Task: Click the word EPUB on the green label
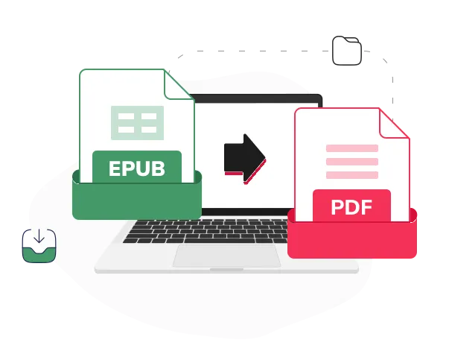pos(137,168)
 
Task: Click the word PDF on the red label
pos(351,207)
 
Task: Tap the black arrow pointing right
pos(245,158)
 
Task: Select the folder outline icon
pos(347,51)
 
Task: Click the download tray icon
pos(39,246)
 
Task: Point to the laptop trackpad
pos(226,256)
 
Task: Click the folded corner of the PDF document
pos(393,124)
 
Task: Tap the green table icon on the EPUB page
pos(138,123)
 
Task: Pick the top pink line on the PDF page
pos(352,148)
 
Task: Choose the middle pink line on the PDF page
pos(352,162)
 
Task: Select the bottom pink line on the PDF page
pos(352,175)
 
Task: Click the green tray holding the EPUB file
pos(137,200)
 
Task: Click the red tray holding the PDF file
pos(352,239)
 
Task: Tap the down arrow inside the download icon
pos(39,236)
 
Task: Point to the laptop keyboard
pos(206,231)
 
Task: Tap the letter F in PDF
pos(366,207)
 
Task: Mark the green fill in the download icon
pos(39,256)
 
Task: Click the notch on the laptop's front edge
pos(226,270)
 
